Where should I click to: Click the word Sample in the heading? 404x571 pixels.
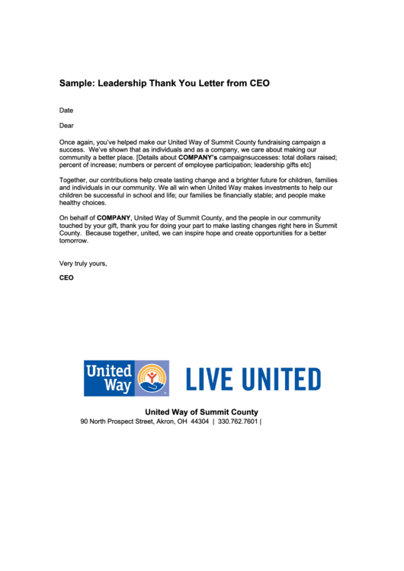pyautogui.click(x=76, y=82)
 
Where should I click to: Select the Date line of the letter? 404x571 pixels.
pyautogui.click(x=66, y=111)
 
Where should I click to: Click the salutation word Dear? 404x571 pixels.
pyautogui.click(x=66, y=126)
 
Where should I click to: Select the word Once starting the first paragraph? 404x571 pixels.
pyautogui.click(x=68, y=142)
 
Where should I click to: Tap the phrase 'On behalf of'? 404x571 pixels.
pyautogui.click(x=78, y=218)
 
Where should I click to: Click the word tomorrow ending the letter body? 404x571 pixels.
pyautogui.click(x=74, y=241)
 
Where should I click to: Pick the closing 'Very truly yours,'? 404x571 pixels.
pyautogui.click(x=83, y=264)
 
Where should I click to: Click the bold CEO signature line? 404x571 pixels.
pyautogui.click(x=66, y=278)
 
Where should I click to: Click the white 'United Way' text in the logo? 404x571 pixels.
pyautogui.click(x=108, y=378)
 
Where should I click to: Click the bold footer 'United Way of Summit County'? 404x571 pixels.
pyautogui.click(x=201, y=412)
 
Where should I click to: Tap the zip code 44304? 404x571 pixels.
pyautogui.click(x=200, y=421)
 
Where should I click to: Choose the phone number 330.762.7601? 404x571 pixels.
pyautogui.click(x=237, y=421)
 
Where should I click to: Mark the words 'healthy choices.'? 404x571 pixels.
pyautogui.click(x=82, y=203)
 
